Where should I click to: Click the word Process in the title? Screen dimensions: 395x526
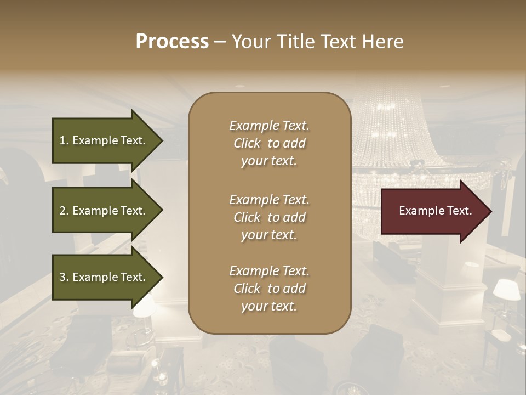[172, 42]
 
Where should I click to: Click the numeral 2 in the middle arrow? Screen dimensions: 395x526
[62, 211]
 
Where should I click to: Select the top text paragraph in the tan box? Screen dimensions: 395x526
[269, 143]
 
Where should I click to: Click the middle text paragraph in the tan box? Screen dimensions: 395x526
[269, 217]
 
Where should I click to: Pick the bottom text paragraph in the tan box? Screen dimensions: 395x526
[269, 289]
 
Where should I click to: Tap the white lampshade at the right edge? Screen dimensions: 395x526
[507, 289]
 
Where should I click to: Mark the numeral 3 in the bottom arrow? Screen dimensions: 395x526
[62, 277]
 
